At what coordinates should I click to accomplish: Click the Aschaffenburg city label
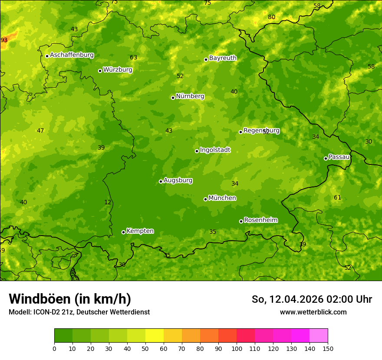pos(72,55)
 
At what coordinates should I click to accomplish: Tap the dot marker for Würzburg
pos(100,71)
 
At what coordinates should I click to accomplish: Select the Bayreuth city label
pos(223,58)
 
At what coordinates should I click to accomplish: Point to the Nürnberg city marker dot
pos(173,98)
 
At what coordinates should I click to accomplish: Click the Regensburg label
pos(261,130)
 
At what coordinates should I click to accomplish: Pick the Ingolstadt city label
pos(215,150)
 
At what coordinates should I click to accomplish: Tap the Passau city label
pos(339,157)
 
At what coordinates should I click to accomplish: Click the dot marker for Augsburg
pos(161,181)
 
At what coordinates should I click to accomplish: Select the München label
pos(222,198)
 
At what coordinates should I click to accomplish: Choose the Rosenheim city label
pos(260,220)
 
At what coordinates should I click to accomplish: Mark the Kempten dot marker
pos(123,232)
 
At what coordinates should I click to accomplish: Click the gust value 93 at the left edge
pos(4,40)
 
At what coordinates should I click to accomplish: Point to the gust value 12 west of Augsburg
pos(108,202)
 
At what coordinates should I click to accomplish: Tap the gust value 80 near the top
pos(271,17)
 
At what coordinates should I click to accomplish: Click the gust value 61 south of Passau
pos(337,197)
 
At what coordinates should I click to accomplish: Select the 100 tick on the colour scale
pos(237,348)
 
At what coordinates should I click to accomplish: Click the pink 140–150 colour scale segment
pos(319,335)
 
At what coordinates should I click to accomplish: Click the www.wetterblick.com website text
pos(313,312)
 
